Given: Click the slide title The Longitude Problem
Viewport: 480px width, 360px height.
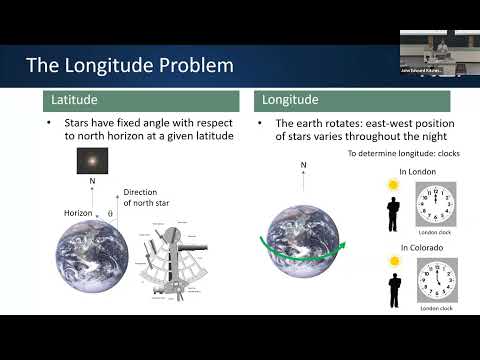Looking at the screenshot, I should click(130, 66).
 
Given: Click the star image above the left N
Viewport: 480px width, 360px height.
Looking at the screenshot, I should click(93, 160).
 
